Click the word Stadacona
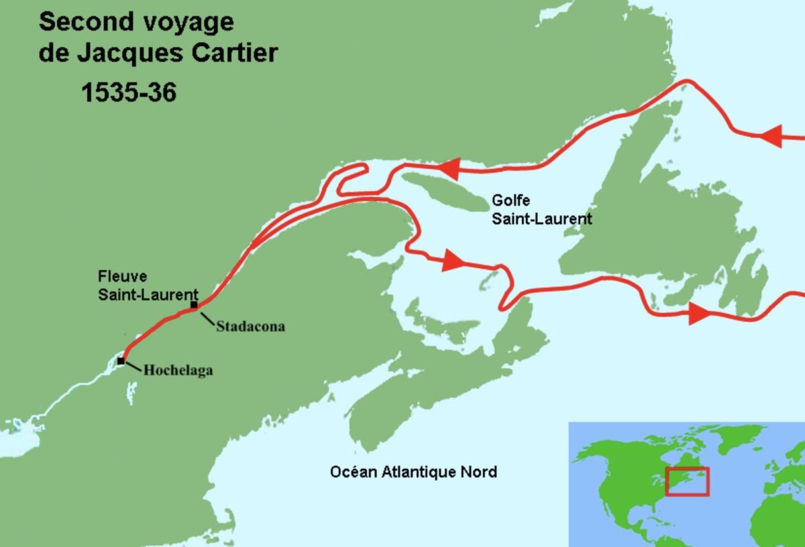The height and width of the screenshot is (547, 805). coord(250,327)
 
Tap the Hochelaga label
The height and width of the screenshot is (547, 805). coord(178,369)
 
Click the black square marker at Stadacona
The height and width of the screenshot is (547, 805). coord(194,306)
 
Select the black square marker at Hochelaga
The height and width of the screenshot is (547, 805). coord(121,361)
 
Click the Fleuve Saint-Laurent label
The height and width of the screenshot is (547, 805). coord(148,285)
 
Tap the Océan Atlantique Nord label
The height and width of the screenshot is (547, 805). coord(413,472)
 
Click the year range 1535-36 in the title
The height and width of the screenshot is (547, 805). coord(129,93)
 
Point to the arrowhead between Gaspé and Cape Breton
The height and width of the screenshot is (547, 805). coord(453,261)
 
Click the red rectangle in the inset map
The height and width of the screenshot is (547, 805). coord(687,482)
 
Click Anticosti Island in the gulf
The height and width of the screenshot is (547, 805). coord(443,189)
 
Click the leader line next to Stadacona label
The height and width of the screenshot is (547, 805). coord(206,317)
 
